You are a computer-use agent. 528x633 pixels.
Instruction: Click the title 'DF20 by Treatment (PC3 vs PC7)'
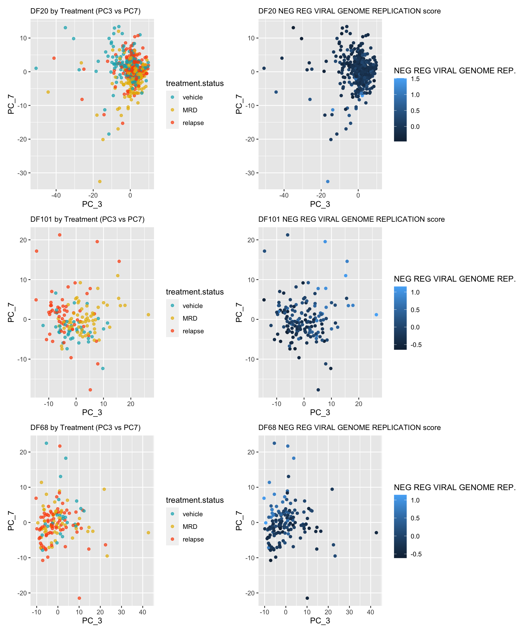(x=85, y=11)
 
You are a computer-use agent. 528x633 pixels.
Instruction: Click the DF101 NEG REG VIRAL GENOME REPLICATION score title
(x=351, y=219)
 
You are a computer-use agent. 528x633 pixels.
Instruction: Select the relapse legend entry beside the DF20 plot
(x=193, y=123)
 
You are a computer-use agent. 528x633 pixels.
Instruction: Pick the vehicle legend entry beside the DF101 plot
(x=193, y=306)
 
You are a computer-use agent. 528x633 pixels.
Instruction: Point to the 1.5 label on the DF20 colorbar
(x=415, y=79)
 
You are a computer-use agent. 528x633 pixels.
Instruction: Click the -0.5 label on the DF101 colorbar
(x=416, y=345)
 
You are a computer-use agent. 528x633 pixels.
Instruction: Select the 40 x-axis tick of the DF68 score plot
(x=370, y=612)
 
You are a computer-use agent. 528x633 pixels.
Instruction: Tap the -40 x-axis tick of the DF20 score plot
(x=284, y=195)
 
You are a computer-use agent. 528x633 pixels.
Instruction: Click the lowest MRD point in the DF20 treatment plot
(x=100, y=181)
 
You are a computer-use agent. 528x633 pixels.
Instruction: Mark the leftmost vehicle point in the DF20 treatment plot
(x=36, y=68)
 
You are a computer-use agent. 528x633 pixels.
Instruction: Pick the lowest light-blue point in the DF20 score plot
(x=328, y=181)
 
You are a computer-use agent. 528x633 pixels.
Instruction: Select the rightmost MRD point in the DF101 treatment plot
(x=148, y=315)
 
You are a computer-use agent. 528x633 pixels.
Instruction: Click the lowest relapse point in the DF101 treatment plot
(x=90, y=390)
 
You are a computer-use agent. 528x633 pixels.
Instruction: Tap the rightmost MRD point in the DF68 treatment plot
(x=148, y=533)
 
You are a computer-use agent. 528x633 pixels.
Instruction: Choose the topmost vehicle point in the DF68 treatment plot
(x=46, y=443)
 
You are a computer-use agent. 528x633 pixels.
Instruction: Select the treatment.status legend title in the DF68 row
(x=195, y=500)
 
